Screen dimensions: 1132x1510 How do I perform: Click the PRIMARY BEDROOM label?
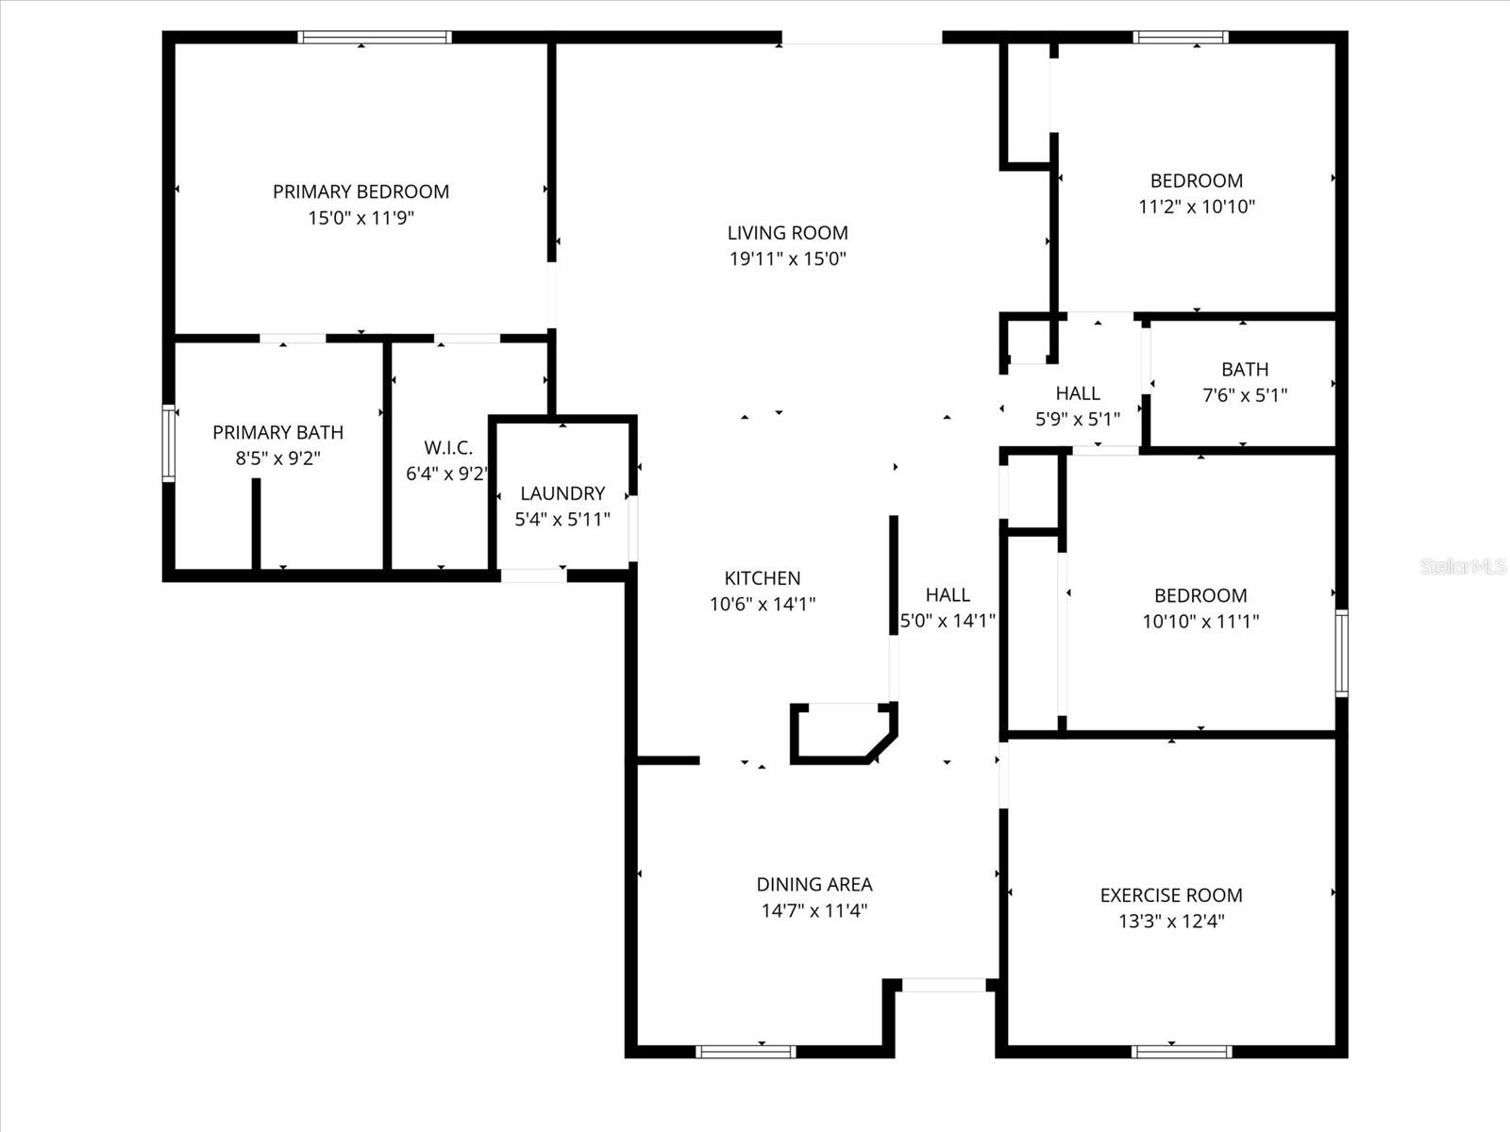point(361,191)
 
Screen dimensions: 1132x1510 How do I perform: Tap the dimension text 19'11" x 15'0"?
point(787,258)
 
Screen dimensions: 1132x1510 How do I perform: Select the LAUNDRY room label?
point(562,493)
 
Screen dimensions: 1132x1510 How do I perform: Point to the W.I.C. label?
point(447,448)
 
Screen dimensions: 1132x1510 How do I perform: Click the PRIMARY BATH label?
point(277,432)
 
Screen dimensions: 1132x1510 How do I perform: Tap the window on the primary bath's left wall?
point(169,443)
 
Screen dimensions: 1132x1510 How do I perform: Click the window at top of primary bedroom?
point(375,38)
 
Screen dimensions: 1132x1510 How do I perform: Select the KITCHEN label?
point(763,578)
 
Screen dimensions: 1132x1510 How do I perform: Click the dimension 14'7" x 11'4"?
point(814,910)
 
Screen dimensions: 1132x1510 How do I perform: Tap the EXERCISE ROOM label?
point(1171,895)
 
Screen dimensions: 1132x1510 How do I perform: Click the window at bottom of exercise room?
point(1182,1051)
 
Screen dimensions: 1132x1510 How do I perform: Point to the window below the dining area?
point(746,1051)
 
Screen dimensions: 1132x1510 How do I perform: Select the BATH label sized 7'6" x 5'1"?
point(1245,370)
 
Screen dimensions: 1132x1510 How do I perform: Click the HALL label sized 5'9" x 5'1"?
point(1078,393)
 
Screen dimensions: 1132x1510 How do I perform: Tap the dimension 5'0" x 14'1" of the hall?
point(948,621)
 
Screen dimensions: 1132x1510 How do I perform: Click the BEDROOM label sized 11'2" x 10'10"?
point(1196,181)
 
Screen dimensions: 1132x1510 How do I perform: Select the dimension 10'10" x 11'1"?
point(1200,621)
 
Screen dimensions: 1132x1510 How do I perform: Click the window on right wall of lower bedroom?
point(1341,653)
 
